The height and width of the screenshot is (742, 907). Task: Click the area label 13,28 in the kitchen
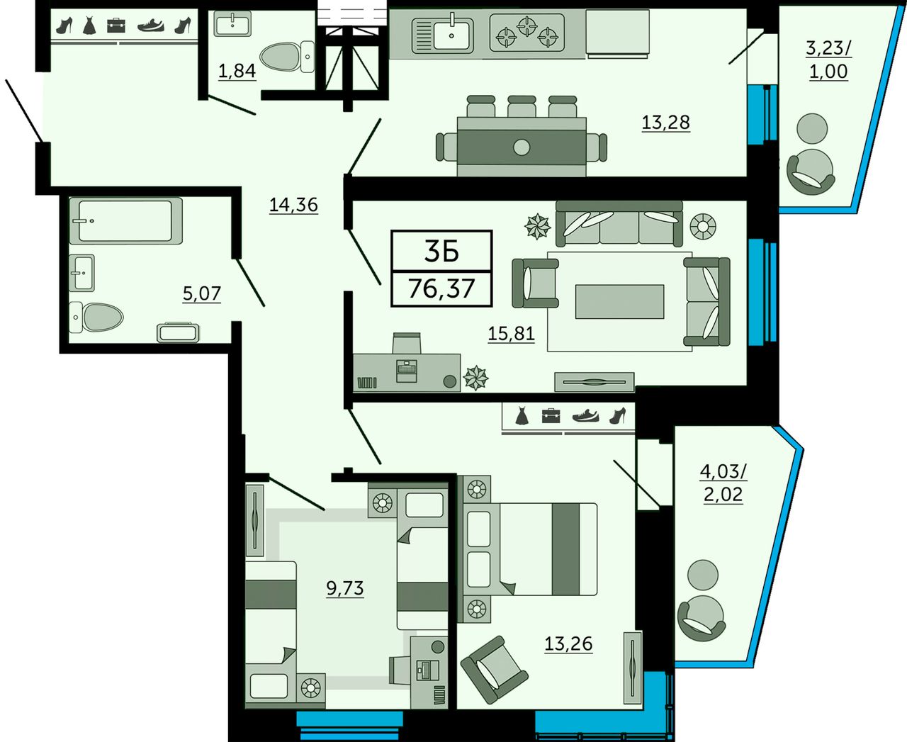click(666, 123)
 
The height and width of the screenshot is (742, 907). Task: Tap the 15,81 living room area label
click(512, 333)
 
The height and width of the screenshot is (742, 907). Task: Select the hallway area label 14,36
click(294, 205)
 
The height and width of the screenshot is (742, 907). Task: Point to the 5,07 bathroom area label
click(202, 294)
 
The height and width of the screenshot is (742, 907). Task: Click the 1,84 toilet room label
click(237, 71)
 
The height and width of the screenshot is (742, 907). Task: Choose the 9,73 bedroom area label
click(345, 588)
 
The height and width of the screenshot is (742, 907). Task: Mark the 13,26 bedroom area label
click(568, 644)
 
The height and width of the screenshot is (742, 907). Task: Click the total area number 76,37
click(441, 288)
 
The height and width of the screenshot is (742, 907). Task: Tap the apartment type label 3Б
click(441, 252)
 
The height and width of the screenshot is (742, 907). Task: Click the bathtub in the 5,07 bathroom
click(125, 220)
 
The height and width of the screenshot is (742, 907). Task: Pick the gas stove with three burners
click(526, 33)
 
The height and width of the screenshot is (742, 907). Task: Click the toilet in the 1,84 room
click(287, 57)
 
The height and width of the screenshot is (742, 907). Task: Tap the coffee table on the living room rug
click(620, 301)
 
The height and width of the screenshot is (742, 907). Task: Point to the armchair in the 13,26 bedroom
click(494, 669)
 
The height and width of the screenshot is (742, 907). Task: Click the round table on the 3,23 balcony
click(812, 128)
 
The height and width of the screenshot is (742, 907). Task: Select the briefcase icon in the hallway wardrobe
click(116, 26)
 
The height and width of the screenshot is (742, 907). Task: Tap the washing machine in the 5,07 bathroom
click(178, 332)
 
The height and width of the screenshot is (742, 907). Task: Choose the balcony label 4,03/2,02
click(723, 483)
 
